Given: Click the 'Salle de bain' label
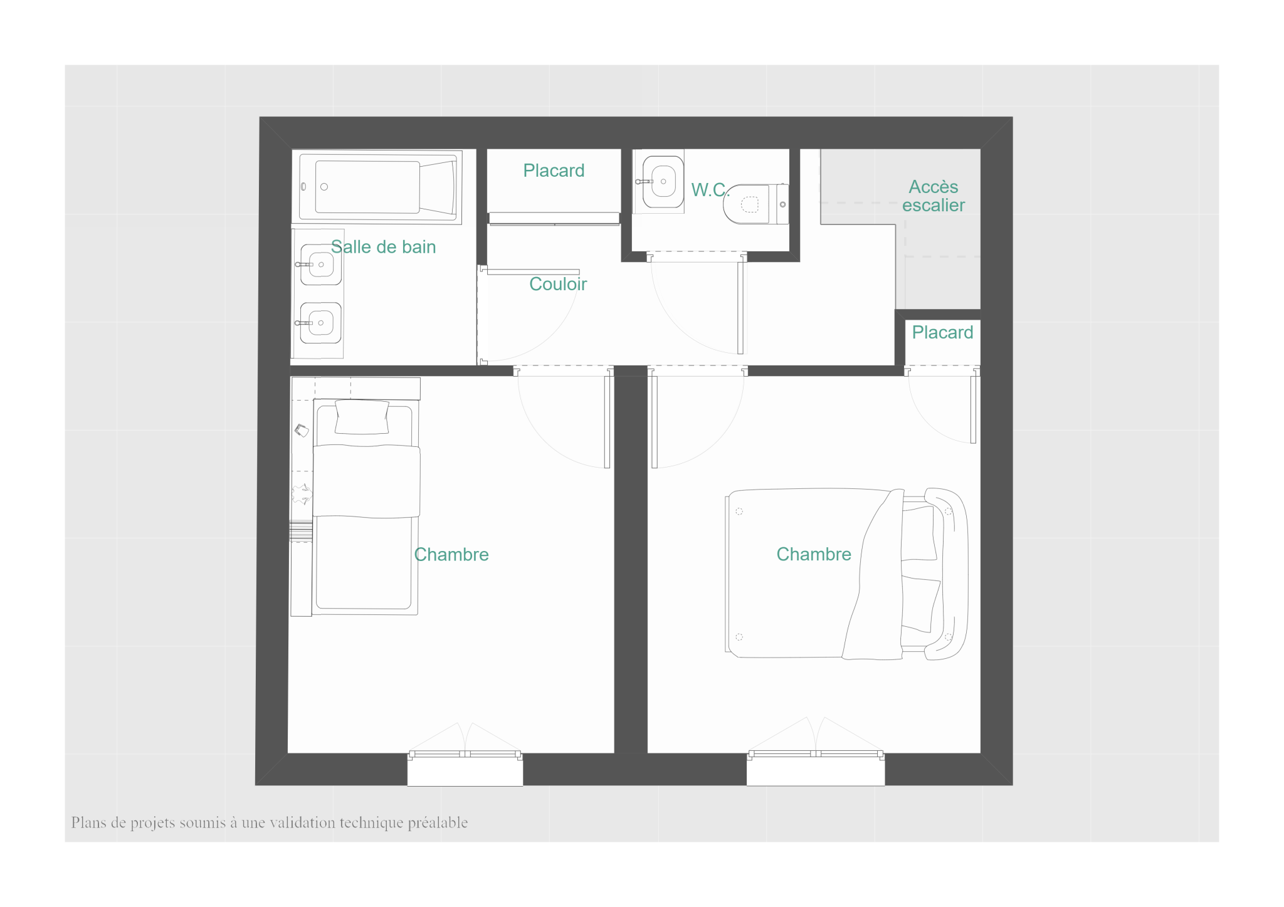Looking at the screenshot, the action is click(383, 247).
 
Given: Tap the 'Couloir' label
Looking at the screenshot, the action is click(558, 284).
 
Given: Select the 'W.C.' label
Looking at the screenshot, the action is click(710, 189).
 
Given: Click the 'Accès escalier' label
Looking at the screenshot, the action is click(934, 196).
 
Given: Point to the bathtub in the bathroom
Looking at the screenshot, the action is click(377, 187).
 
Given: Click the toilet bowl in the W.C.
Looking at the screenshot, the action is click(755, 204).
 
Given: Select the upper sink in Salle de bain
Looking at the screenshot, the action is click(320, 265).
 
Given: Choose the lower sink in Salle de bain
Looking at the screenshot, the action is click(320, 323).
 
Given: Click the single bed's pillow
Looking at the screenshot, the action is click(362, 417).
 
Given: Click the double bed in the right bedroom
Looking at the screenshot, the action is click(846, 574).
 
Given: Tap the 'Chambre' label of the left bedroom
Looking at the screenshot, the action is click(451, 555).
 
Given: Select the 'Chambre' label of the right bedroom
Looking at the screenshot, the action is click(814, 554).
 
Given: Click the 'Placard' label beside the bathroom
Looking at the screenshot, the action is click(554, 170).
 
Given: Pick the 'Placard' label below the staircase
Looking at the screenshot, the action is click(942, 332).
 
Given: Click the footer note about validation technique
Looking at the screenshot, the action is click(270, 823).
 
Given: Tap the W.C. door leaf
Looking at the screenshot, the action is click(740, 308).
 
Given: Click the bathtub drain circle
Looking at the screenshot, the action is click(324, 187).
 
